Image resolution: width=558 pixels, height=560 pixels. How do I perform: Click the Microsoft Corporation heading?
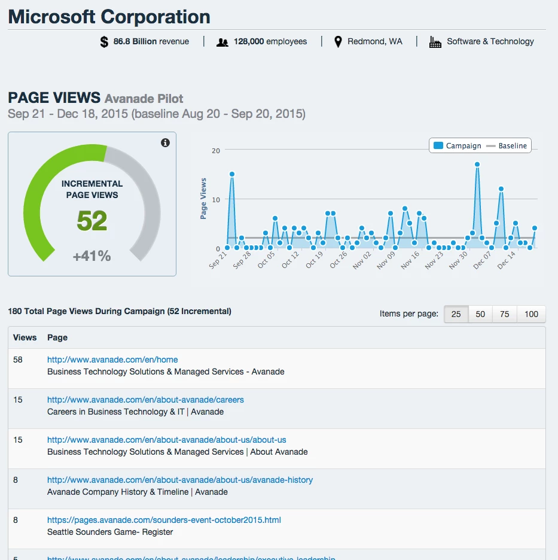click(x=109, y=17)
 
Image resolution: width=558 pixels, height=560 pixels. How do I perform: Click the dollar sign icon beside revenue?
click(x=105, y=42)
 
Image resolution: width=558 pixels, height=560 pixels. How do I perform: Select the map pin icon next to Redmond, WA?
click(x=338, y=42)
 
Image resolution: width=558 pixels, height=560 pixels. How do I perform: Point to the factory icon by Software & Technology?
click(x=435, y=42)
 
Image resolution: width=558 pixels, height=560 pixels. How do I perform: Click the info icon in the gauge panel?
click(x=166, y=142)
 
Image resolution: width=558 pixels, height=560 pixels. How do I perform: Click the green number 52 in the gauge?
click(x=92, y=221)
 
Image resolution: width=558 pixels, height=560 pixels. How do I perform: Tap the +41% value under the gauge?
click(x=92, y=256)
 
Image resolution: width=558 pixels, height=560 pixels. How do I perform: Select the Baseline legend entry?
click(x=507, y=145)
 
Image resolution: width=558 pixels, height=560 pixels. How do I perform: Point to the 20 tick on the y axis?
click(x=216, y=151)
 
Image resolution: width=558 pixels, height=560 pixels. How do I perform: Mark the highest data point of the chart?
click(x=477, y=165)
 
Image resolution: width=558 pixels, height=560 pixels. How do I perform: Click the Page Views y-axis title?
click(x=203, y=199)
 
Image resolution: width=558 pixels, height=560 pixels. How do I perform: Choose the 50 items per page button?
click(x=480, y=314)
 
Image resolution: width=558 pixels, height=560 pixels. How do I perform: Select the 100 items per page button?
click(x=531, y=314)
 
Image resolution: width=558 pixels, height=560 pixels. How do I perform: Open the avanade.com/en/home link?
click(x=112, y=360)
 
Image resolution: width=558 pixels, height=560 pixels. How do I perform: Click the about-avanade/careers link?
click(x=145, y=400)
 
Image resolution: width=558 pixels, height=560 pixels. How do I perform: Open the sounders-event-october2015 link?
click(x=164, y=520)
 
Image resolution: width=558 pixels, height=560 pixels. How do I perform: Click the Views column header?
click(x=25, y=337)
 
